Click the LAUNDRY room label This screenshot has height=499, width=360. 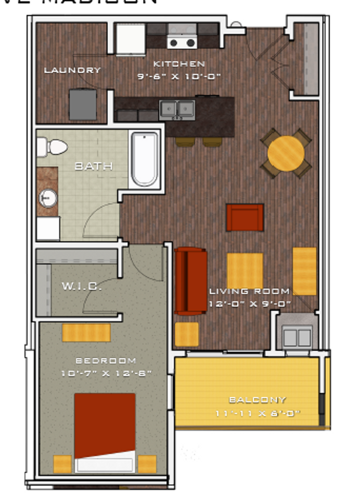click(72, 70)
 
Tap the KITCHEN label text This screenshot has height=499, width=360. click(178, 64)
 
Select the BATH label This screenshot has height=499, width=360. click(94, 166)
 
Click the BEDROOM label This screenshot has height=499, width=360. click(106, 360)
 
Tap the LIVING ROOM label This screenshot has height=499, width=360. click(249, 291)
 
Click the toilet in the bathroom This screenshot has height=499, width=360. click(52, 147)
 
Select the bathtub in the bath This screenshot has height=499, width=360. click(144, 159)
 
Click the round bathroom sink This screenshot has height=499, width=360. click(47, 198)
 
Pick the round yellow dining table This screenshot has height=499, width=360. click(286, 153)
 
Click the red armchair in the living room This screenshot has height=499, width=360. click(245, 217)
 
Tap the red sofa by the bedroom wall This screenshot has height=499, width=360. click(190, 281)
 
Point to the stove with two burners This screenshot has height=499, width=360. click(182, 42)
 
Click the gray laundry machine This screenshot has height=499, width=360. click(83, 104)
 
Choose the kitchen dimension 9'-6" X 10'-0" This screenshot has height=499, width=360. click(179, 76)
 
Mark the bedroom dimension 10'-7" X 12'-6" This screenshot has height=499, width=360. click(106, 373)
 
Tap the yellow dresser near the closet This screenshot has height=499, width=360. click(86, 333)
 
